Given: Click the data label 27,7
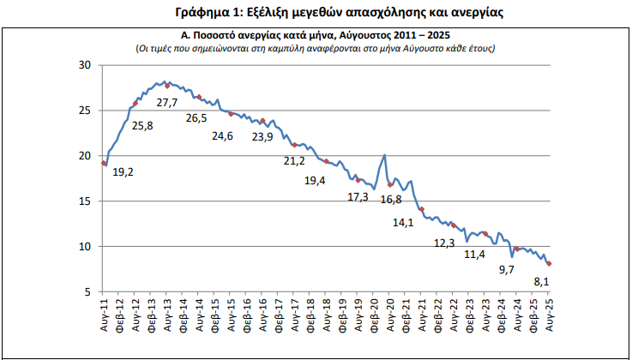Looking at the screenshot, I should click(x=167, y=103).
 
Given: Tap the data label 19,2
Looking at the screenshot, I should click(x=123, y=172).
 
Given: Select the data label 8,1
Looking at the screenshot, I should click(x=542, y=280).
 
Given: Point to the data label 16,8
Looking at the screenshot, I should click(x=391, y=199).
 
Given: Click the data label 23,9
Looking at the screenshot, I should click(x=262, y=136).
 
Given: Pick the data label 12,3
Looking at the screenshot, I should click(x=445, y=243).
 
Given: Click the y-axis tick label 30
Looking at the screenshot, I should click(x=86, y=64).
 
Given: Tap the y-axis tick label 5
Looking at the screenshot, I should click(x=89, y=292).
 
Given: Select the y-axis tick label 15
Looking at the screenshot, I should click(x=86, y=201).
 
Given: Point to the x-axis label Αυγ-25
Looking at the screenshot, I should click(x=549, y=320).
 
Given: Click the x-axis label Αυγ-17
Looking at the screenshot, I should click(x=295, y=320).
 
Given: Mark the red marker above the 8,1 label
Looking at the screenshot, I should click(x=549, y=264).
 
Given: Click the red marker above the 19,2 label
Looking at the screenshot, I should click(x=105, y=163).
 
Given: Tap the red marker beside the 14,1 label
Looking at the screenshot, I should click(x=422, y=209).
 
